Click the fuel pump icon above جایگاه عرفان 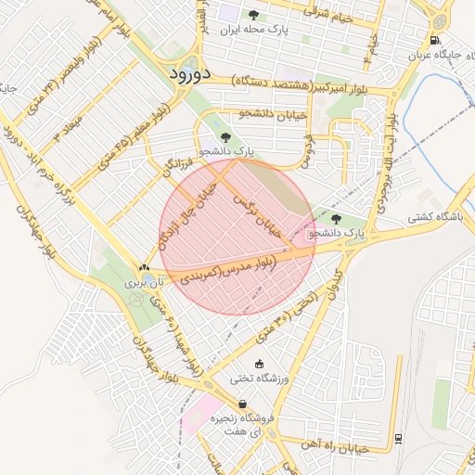pos(435,40)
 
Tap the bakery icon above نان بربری pos(144,266)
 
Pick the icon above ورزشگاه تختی pos(259,364)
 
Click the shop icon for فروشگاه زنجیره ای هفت pos(242,404)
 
